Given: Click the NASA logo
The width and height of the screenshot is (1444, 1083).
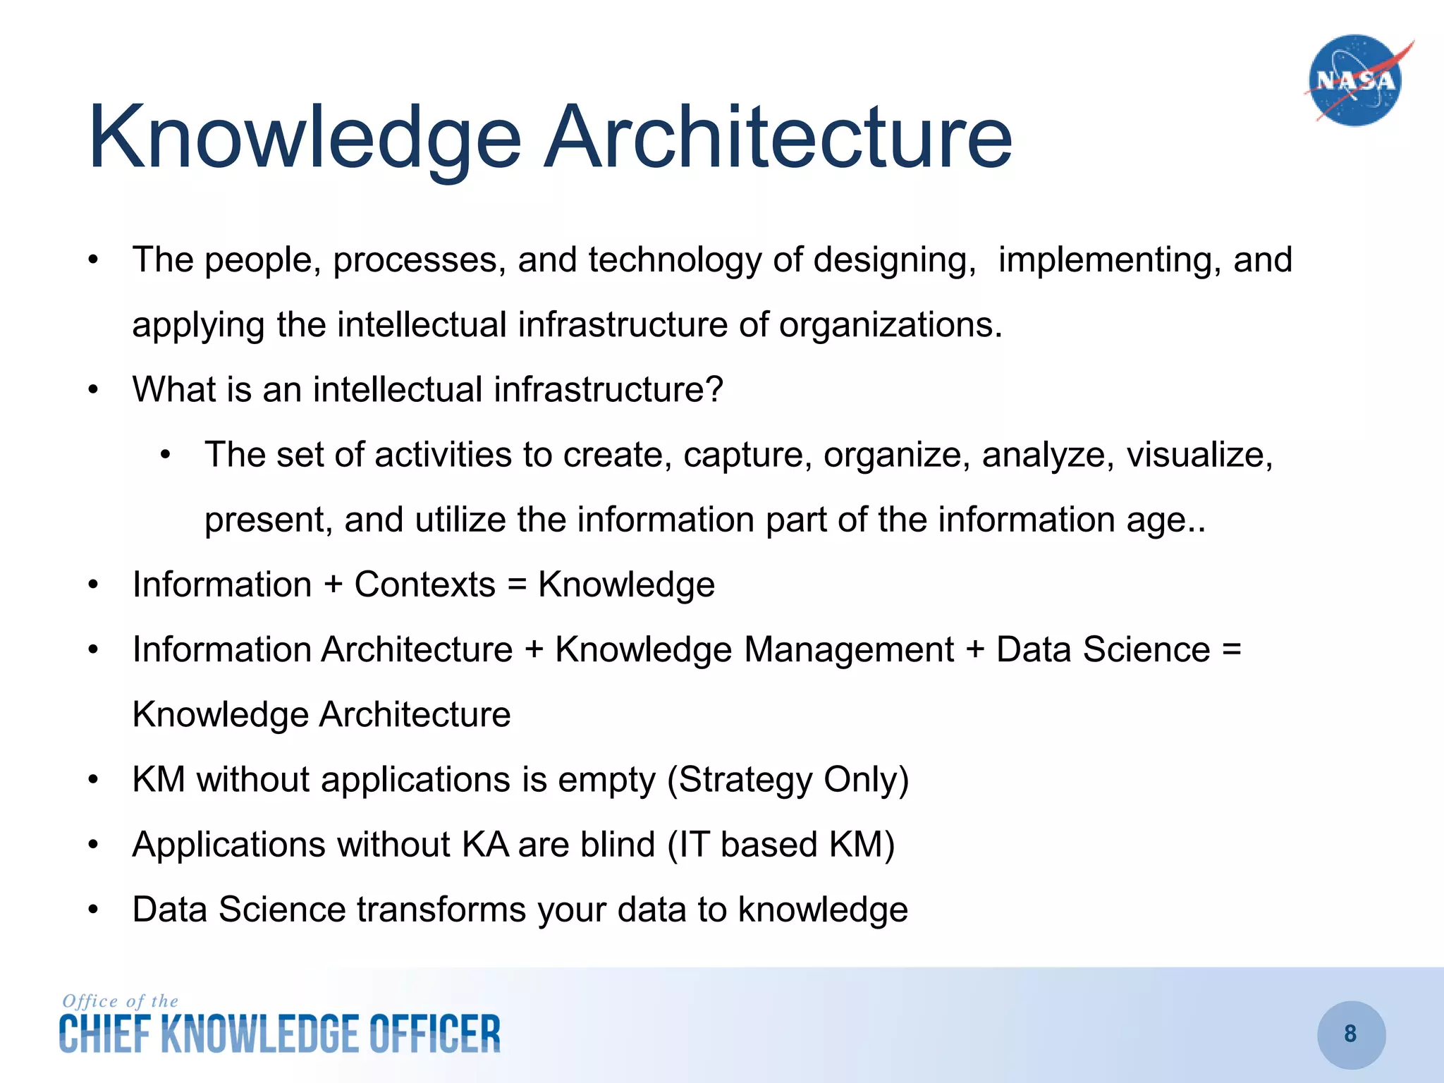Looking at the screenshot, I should click(1355, 80).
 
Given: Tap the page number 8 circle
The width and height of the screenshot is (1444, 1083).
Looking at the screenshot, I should click(1351, 1034).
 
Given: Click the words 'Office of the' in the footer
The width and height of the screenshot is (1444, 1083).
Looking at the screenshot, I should click(120, 1001).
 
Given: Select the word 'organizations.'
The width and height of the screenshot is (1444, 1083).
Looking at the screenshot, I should click(891, 325).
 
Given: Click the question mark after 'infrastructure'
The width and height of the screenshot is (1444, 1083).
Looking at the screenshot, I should click(714, 389).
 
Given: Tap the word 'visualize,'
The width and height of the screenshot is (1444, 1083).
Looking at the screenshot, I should click(1199, 455).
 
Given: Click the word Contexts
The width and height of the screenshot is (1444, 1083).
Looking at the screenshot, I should click(425, 585).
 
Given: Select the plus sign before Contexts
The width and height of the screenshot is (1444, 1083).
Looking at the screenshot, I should click(333, 585).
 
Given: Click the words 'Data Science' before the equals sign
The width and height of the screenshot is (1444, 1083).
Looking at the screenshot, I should click(1103, 649).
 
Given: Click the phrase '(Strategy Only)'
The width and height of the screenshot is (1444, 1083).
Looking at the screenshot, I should click(788, 780).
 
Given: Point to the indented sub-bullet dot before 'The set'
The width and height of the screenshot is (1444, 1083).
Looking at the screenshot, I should click(165, 455).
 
